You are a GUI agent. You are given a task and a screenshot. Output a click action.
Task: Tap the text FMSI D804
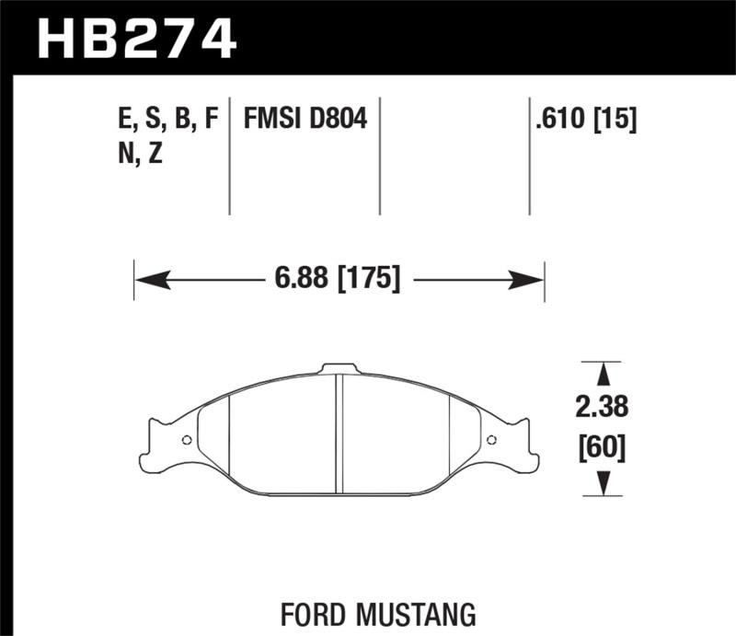[305, 120]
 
